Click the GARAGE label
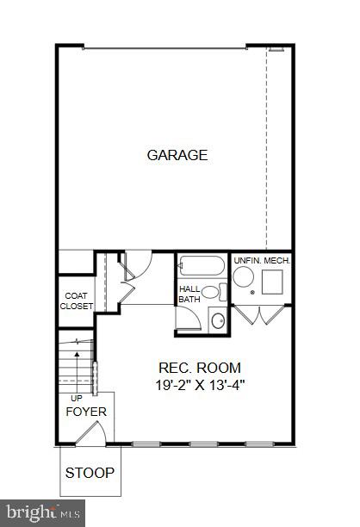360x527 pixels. click(177, 156)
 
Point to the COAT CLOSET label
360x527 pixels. click(76, 300)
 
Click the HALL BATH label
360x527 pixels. click(189, 294)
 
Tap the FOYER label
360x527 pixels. click(86, 412)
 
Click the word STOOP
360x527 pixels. click(91, 474)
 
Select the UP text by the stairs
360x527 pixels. click(76, 397)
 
